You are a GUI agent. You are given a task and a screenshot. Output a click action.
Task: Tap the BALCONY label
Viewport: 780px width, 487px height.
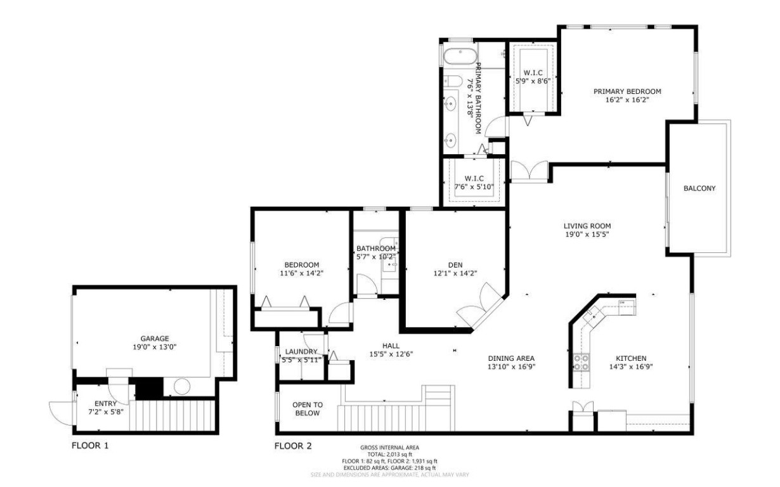tap(699, 188)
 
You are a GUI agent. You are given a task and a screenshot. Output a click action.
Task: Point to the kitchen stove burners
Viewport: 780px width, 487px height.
tap(581, 362)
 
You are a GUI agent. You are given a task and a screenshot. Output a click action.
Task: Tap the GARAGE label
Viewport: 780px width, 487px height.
tap(155, 339)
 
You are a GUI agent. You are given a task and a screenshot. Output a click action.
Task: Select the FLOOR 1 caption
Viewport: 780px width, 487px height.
tap(89, 446)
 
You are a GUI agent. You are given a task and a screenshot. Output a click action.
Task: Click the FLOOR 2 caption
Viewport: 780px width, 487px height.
tap(292, 446)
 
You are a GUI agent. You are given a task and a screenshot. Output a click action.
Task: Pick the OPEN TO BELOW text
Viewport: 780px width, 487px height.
tap(308, 408)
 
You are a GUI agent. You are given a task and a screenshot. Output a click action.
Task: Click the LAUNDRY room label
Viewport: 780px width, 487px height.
tap(301, 352)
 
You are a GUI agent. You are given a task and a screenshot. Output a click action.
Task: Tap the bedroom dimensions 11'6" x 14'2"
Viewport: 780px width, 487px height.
tap(301, 274)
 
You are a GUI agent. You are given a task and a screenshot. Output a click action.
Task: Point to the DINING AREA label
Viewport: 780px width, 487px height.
tap(511, 358)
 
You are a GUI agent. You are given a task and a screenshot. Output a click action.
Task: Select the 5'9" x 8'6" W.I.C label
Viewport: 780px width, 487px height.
tap(532, 81)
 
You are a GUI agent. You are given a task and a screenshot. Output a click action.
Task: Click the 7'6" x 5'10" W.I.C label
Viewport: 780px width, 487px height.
tap(474, 186)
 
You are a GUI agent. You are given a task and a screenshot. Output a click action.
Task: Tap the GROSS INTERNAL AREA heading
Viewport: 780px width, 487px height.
tap(389, 448)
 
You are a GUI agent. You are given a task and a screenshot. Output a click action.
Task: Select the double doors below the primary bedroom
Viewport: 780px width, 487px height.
tap(528, 171)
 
